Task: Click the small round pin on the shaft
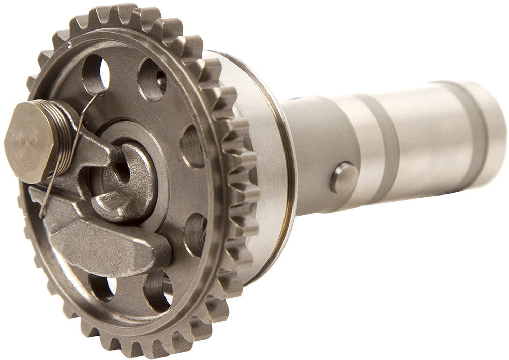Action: click(x=343, y=178)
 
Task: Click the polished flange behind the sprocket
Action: click(x=264, y=155)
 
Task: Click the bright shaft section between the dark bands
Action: click(x=429, y=140)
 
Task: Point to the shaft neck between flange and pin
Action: click(x=310, y=155)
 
